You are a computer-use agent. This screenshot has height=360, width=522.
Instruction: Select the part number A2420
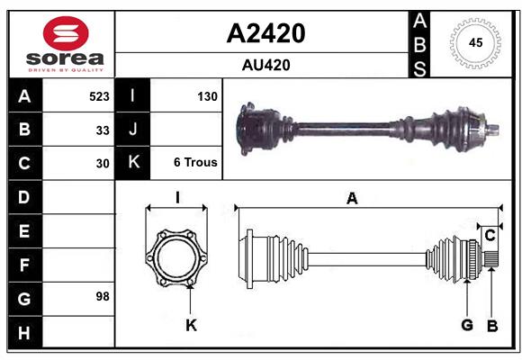[265, 33]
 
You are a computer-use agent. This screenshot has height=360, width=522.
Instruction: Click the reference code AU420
[265, 65]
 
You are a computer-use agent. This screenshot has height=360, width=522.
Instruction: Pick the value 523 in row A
[99, 95]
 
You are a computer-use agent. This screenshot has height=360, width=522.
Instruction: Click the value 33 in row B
[103, 130]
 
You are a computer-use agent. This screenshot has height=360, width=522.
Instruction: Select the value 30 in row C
[103, 164]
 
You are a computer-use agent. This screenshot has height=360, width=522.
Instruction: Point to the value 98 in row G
[103, 296]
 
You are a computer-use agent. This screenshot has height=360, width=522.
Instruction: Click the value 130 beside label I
[206, 95]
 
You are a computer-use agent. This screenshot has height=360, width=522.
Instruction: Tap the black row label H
[24, 333]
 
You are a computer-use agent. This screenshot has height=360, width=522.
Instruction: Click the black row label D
[24, 196]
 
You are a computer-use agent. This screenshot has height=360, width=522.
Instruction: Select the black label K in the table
[133, 163]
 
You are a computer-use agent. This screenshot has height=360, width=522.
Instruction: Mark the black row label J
[133, 130]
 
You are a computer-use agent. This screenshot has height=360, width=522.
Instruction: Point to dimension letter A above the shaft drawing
[352, 199]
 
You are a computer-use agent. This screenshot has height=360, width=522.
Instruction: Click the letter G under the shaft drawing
[467, 325]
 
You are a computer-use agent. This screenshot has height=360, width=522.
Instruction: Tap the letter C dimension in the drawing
[490, 235]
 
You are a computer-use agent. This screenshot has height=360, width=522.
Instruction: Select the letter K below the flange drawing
[191, 325]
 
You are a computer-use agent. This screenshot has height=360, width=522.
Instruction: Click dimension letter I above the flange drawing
[177, 197]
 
